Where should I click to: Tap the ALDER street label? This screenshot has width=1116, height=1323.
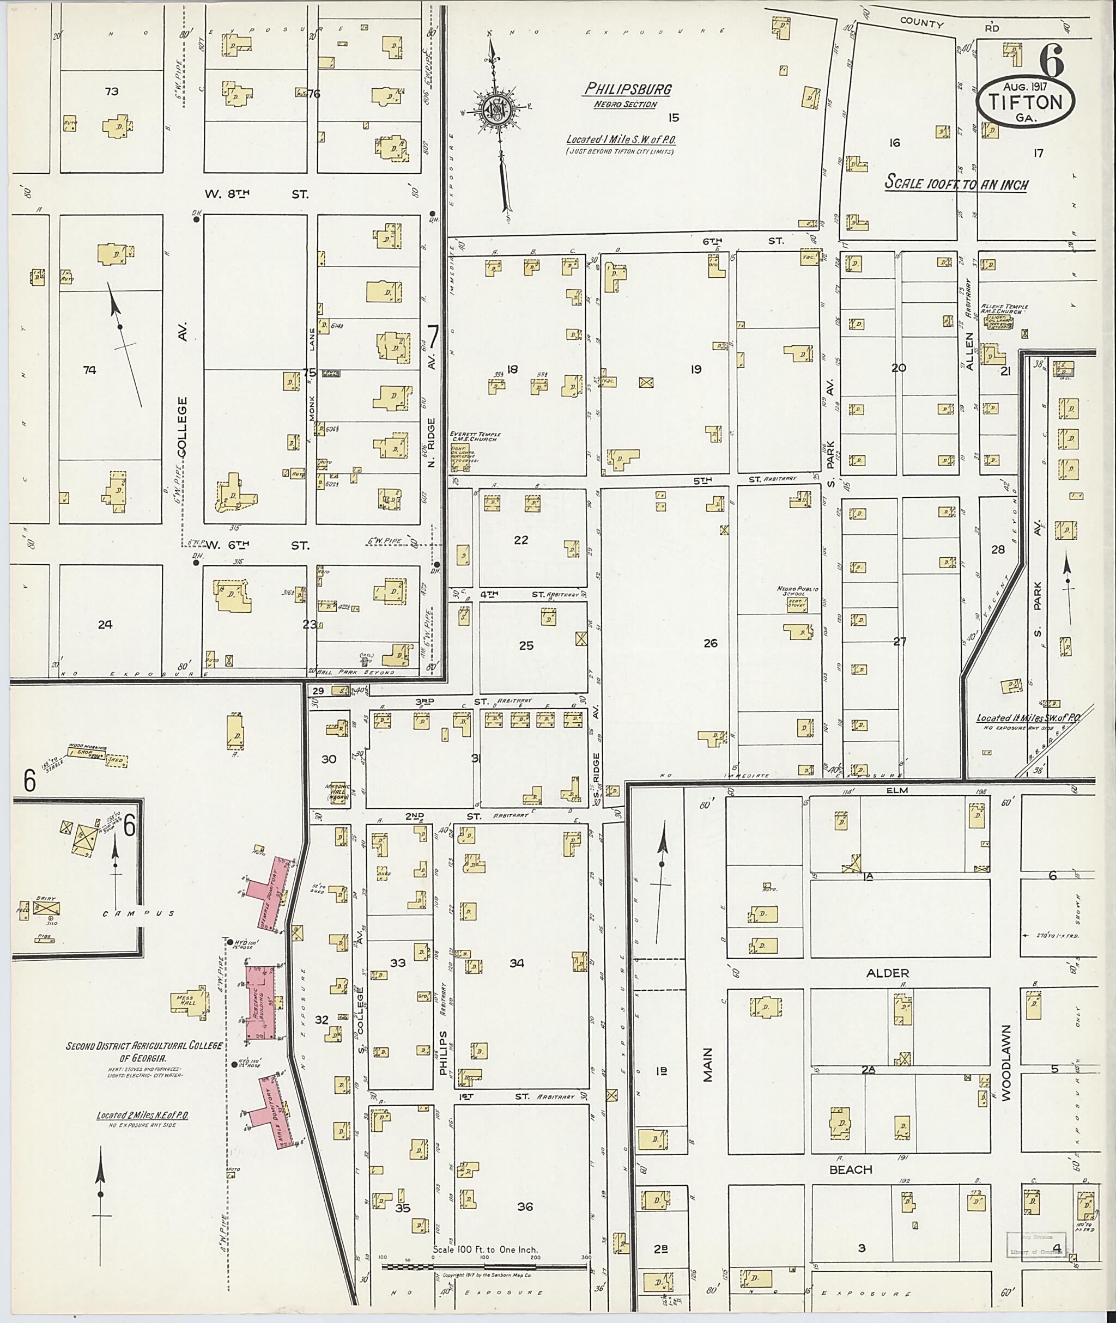pos(888,973)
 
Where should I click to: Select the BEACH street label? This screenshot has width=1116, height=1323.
pos(851,1169)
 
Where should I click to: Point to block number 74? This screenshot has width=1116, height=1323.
pos(89,370)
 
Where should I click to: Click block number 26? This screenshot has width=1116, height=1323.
pos(711,643)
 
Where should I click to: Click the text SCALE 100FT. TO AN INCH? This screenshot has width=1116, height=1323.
pos(955,184)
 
